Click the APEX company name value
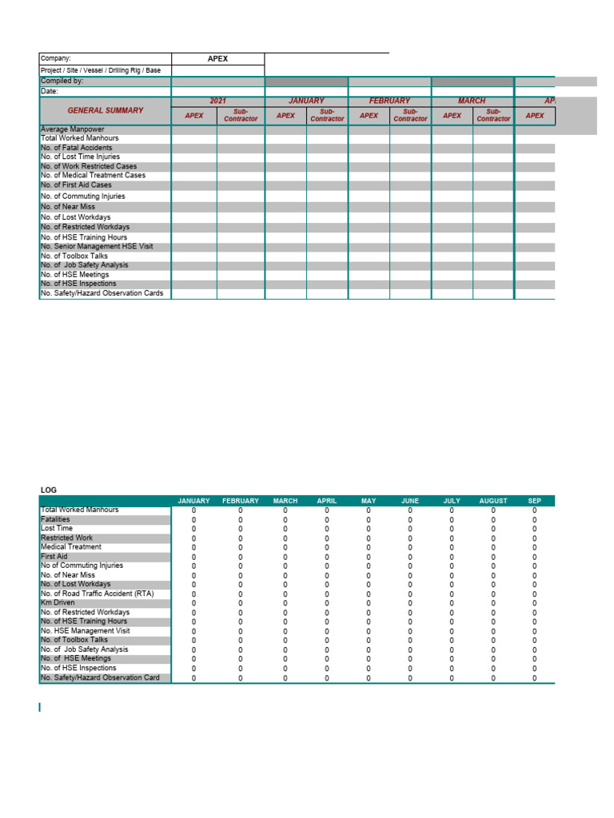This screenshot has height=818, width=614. coord(217,58)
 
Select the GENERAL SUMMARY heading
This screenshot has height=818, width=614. coord(106,110)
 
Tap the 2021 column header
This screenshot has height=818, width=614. coord(217,101)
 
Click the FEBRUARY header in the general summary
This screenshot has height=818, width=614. coord(389,101)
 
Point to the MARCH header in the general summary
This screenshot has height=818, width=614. coord(472,101)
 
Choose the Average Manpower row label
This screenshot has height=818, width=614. coord(73,129)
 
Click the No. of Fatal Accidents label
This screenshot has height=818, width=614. coord(77,148)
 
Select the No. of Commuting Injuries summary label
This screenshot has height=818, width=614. coord(83,196)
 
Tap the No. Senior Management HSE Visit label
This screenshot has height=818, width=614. coord(97,246)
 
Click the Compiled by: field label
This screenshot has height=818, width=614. coord(62,81)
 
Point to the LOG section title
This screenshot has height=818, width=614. coord(49,490)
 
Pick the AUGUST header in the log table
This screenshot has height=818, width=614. coord(493,501)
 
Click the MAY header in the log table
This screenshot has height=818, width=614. coord(369,501)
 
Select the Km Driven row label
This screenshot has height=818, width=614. coord(58,602)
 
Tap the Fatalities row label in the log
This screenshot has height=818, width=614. coord(55,519)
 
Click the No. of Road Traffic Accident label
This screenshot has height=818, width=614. coord(97,594)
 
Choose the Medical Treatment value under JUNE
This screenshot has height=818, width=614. coord(410,547)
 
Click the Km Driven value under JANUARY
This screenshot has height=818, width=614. coord(193,602)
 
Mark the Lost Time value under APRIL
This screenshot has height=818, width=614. coord(327,529)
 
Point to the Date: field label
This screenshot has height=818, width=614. coord(50,91)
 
